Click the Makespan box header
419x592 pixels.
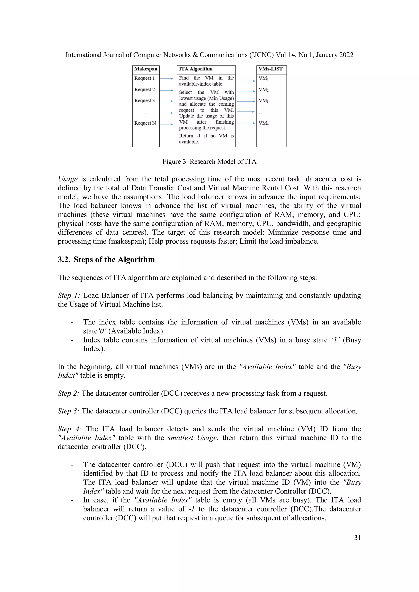pos(146,69)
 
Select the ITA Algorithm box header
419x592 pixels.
pos(196,69)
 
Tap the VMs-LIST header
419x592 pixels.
pos(270,69)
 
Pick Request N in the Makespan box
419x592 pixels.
pos(145,123)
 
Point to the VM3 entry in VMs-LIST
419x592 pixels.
pos(263,101)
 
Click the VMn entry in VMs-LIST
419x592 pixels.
pos(263,123)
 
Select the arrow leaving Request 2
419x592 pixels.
pos(166,90)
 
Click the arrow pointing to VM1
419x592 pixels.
pos(246,81)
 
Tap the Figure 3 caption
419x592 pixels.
pos(209,162)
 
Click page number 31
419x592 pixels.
pos(357,538)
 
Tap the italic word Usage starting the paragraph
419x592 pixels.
pos(68,179)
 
